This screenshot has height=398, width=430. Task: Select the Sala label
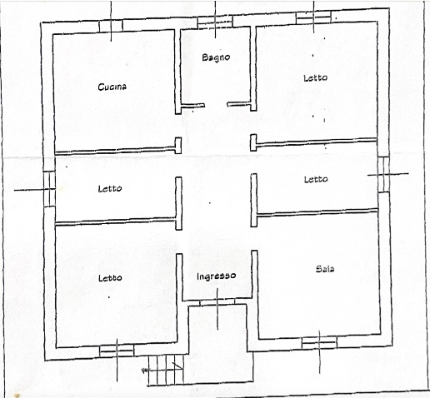tap(326, 268)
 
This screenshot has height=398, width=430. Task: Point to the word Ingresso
tap(216, 276)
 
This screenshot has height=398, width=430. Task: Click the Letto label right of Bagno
tap(315, 77)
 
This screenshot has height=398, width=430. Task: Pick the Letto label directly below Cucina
tap(109, 188)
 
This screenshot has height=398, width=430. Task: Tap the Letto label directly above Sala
tap(315, 179)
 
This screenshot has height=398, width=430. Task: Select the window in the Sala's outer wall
tap(318, 342)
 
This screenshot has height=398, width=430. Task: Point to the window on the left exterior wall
tap(49, 188)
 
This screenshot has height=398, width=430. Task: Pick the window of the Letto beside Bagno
tap(314, 17)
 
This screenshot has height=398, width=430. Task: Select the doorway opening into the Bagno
tap(216, 105)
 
